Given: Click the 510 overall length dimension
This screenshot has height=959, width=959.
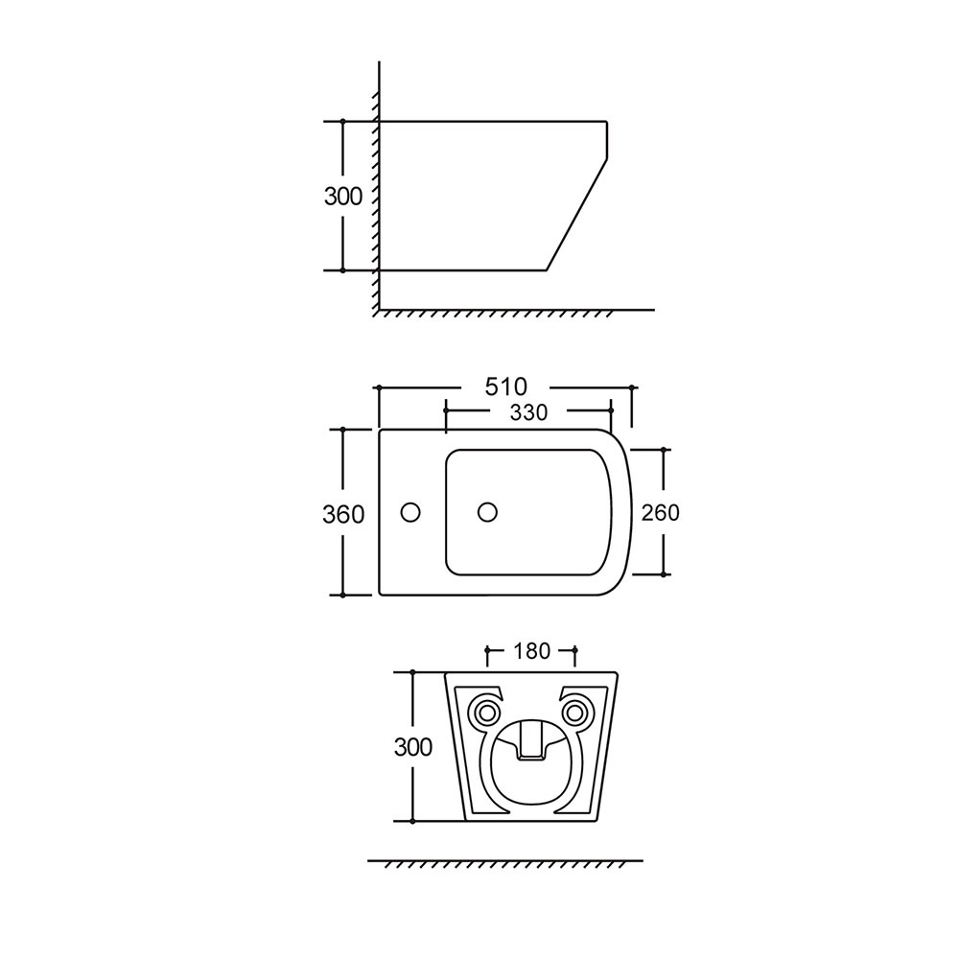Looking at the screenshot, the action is (505, 386).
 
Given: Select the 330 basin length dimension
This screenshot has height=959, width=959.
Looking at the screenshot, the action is (528, 412).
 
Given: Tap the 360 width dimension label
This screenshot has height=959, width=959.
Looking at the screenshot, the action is (343, 515).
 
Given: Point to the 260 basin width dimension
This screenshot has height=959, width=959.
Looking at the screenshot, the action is (660, 512).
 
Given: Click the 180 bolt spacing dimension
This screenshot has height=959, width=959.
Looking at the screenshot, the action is (531, 651).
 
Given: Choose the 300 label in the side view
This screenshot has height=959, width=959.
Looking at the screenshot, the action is (343, 197).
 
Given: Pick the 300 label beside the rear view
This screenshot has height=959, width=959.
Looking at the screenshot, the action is (412, 747).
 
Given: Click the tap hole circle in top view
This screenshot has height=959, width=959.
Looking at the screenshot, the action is (410, 512).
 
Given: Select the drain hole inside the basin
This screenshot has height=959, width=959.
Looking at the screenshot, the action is (487, 512).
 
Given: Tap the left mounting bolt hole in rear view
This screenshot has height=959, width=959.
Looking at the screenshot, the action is (487, 712).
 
